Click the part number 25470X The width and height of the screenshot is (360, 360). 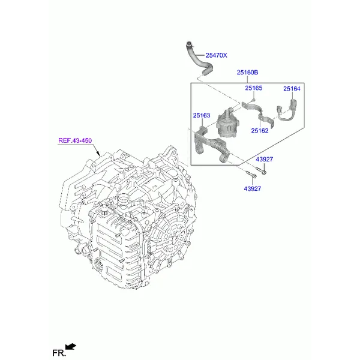(216, 55)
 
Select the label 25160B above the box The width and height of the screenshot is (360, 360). (247, 73)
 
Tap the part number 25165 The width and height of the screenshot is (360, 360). (253, 88)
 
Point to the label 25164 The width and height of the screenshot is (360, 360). (292, 89)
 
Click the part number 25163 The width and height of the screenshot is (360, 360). (202, 115)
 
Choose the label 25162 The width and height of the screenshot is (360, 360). (260, 131)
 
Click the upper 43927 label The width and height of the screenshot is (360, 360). (265, 160)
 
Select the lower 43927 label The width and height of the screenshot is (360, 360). (253, 189)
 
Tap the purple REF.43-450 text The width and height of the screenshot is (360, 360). (75, 140)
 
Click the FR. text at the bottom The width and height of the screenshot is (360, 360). (59, 353)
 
